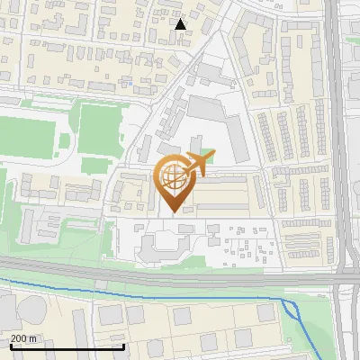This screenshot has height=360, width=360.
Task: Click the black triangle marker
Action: coord(181,23)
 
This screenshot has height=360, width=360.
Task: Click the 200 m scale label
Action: coord(24,337)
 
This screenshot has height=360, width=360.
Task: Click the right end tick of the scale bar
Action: coord(123,346)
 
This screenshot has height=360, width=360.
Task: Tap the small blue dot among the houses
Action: coord(129,84)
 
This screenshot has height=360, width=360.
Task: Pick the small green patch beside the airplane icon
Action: coord(208,154)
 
